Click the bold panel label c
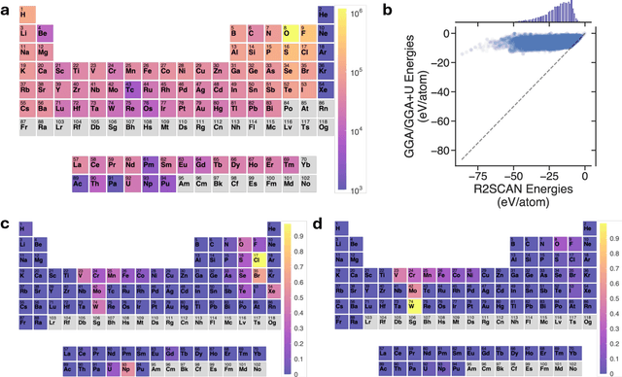(8, 223)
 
